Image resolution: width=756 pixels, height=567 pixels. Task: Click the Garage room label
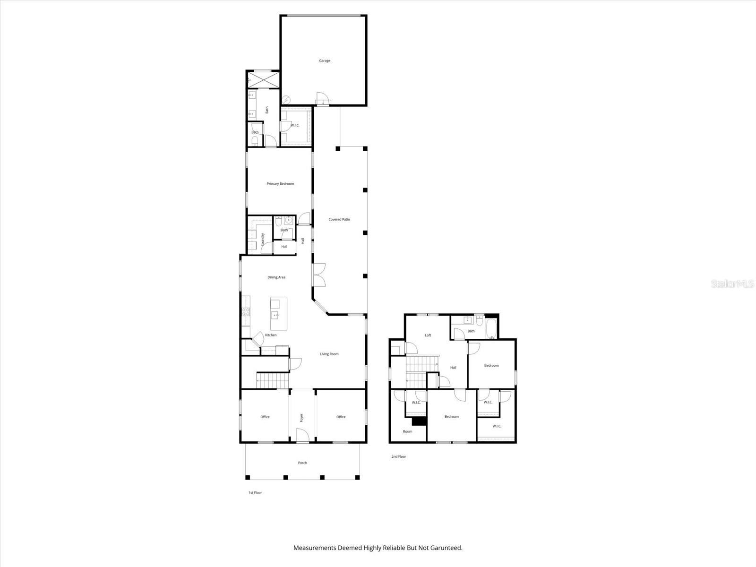pos(324,60)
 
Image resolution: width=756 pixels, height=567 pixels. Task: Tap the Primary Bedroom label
pos(280,184)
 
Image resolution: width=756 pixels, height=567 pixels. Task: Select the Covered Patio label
pos(339,219)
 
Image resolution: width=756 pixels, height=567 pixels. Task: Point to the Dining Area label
pos(276,277)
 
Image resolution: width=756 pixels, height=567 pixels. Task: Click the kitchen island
pos(278,314)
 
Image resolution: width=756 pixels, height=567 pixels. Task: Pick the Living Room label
pos(329,354)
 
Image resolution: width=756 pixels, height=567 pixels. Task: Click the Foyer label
pos(301,418)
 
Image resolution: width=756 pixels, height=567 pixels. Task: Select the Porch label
pos(302,463)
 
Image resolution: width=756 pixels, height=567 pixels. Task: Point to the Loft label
pos(428,335)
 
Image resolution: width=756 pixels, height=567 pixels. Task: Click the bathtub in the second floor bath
pos(490,329)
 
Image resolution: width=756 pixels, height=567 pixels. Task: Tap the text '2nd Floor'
pos(398,456)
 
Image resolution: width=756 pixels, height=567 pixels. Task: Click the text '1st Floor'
pos(255,493)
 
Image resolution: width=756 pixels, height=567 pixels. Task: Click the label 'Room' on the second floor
pos(407,431)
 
